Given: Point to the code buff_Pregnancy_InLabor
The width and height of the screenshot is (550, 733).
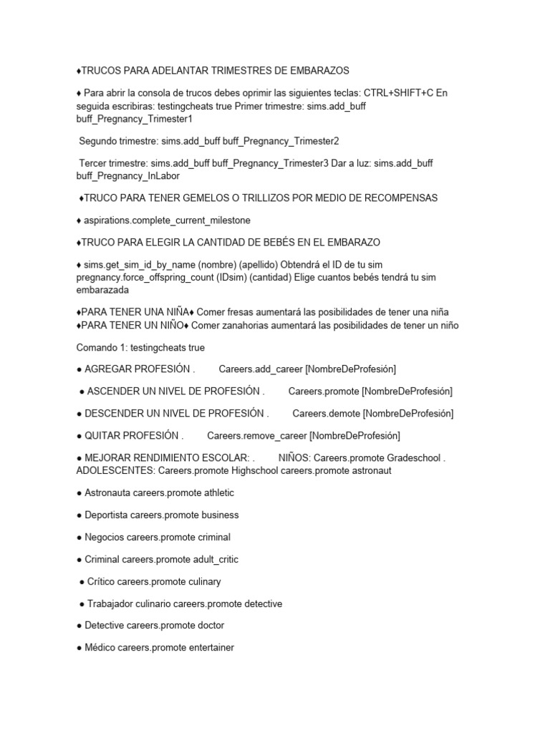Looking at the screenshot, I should click(128, 175).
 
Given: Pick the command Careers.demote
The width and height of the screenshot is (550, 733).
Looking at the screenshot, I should click(326, 413).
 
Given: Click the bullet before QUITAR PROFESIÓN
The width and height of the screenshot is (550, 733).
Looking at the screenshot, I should click(79, 435).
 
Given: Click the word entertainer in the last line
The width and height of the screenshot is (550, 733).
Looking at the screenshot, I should click(208, 648).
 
